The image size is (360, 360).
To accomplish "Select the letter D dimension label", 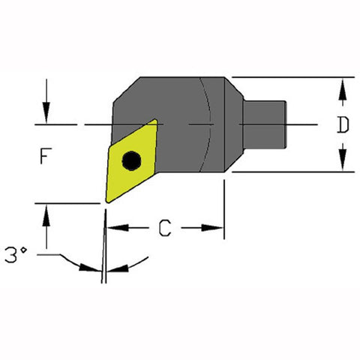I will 342,124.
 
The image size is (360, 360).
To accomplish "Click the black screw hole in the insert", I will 132,160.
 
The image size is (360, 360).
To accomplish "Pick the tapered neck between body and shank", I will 235,124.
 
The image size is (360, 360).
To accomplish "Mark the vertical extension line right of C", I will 224,210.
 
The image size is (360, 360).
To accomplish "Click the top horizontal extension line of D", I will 292,76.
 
